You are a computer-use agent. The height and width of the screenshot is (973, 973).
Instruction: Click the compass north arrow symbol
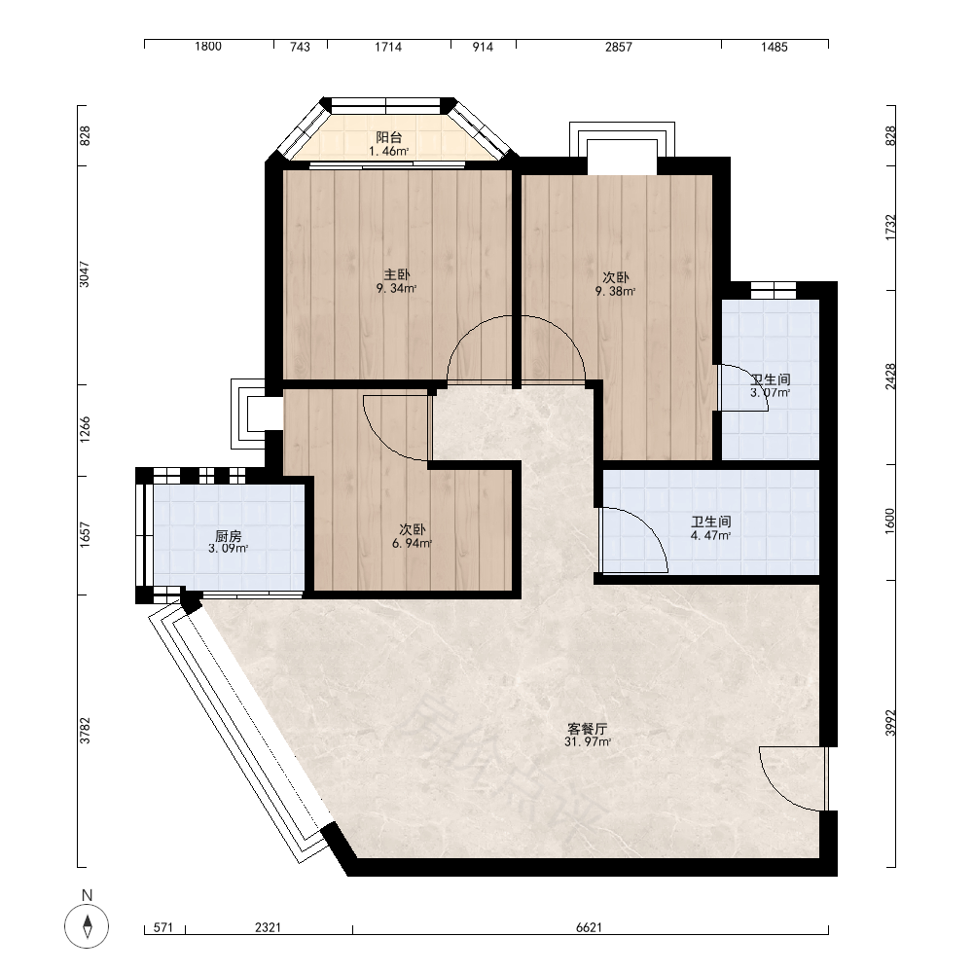(x=87, y=926)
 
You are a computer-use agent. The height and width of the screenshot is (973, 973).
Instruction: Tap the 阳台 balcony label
(x=389, y=137)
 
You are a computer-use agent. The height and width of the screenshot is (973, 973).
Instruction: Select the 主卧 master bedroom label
(x=397, y=275)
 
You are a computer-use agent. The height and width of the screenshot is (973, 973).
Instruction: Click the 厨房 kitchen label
(x=229, y=536)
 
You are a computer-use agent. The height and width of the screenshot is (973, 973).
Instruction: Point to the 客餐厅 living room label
(x=587, y=729)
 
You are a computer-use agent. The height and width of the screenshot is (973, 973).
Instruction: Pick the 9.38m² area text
(x=616, y=291)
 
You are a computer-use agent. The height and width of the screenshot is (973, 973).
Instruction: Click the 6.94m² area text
(x=412, y=544)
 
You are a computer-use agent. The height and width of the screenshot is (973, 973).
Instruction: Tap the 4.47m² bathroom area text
(x=710, y=535)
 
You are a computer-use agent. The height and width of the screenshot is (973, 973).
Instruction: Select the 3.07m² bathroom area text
(x=770, y=393)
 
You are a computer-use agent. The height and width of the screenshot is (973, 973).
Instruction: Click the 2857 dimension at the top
(x=619, y=47)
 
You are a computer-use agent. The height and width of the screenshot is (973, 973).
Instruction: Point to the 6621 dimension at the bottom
(x=589, y=927)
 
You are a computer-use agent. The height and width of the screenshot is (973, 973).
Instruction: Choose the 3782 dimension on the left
(x=85, y=731)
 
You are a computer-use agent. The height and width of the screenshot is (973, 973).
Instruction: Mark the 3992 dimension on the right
(x=890, y=723)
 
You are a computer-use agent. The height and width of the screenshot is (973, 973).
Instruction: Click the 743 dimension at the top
(x=301, y=47)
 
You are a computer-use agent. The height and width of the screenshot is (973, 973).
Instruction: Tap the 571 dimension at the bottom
(x=163, y=927)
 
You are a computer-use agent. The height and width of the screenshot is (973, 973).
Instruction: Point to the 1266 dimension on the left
(x=85, y=429)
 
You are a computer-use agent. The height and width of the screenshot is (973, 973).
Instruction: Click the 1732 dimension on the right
(x=890, y=228)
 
